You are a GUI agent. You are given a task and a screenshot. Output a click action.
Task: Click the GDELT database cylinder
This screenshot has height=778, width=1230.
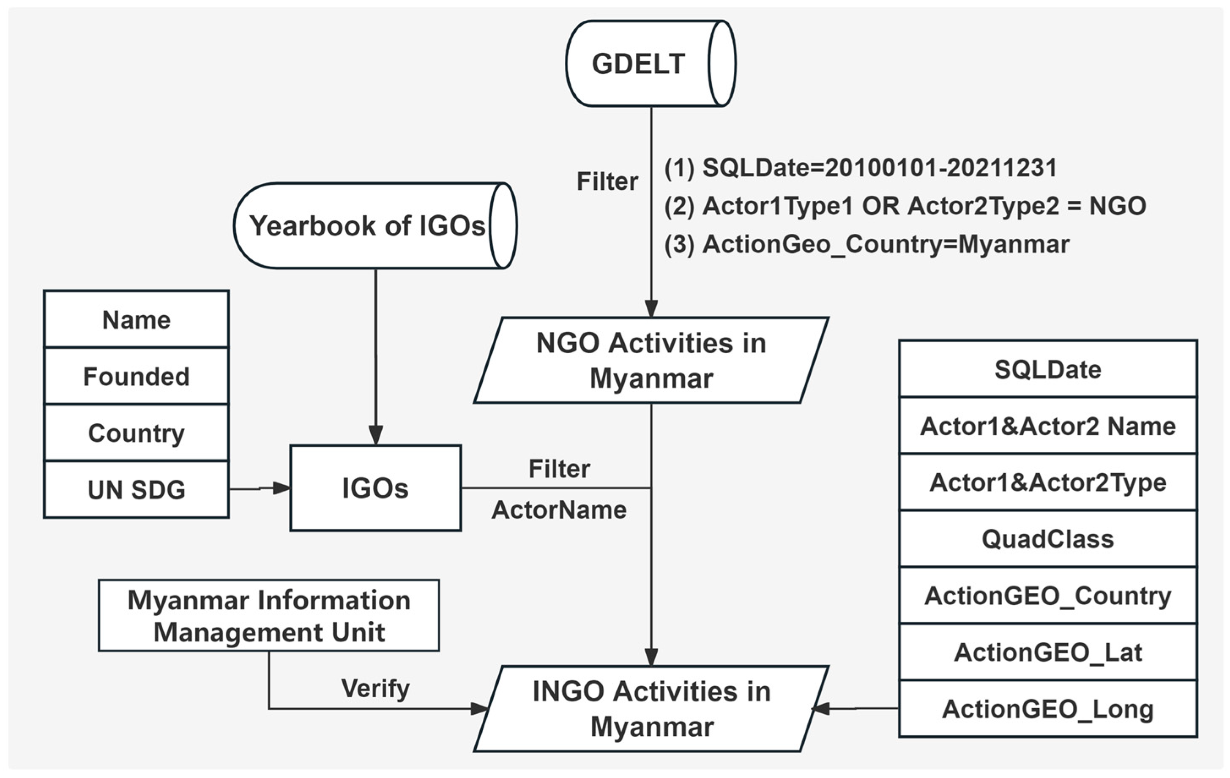pyautogui.click(x=650, y=63)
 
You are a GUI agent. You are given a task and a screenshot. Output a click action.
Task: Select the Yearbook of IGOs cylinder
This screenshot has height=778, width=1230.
pyautogui.click(x=374, y=225)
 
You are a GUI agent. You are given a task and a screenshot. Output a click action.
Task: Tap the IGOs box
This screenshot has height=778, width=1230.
pyautogui.click(x=375, y=488)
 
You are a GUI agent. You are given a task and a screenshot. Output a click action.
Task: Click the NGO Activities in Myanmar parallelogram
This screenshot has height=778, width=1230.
pyautogui.click(x=651, y=360)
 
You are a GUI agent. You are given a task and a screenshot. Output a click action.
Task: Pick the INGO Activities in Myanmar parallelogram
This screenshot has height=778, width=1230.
pyautogui.click(x=651, y=709)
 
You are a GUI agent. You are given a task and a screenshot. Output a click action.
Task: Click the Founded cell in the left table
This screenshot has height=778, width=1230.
pyautogui.click(x=137, y=377)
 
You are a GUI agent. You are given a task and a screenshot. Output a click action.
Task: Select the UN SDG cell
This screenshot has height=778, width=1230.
pyautogui.click(x=137, y=489)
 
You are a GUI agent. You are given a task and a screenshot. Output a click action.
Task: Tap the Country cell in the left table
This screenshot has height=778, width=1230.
pyautogui.click(x=137, y=433)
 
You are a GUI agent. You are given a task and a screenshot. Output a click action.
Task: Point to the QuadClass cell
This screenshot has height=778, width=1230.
pyautogui.click(x=1048, y=539)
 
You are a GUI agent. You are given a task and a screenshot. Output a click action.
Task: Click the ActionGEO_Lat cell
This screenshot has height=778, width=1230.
pyautogui.click(x=1048, y=652)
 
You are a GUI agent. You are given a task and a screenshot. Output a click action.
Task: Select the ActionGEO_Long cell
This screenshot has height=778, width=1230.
pyautogui.click(x=1048, y=709)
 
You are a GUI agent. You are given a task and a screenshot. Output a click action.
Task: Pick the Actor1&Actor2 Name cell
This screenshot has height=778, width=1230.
pyautogui.click(x=1048, y=426)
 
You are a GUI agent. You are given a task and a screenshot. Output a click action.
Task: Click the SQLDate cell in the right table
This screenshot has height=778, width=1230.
pyautogui.click(x=1048, y=369)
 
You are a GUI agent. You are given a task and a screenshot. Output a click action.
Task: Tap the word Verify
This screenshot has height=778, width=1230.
pyautogui.click(x=375, y=688)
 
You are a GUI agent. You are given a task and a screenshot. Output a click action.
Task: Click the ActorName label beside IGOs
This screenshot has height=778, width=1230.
pyautogui.click(x=559, y=510)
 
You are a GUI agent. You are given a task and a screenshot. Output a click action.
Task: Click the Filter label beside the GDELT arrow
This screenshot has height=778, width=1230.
pyautogui.click(x=607, y=181)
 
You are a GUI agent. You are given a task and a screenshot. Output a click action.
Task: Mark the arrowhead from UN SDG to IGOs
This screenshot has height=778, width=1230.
pyautogui.click(x=281, y=489)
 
